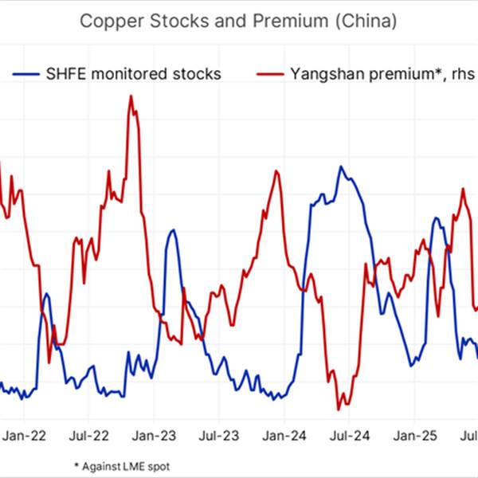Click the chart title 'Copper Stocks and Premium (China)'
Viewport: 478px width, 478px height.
pos(238,22)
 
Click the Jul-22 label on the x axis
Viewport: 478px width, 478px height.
pos(89,436)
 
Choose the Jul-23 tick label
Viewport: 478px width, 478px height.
pos(219,436)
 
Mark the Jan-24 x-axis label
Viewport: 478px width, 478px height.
pos(284,436)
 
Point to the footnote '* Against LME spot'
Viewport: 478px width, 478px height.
pos(122,466)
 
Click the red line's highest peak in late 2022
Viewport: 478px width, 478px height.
pos(130,96)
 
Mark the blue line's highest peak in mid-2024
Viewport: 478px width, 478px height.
pos(341,167)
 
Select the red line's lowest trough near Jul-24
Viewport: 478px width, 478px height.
pos(339,409)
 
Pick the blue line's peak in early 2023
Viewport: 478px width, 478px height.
pos(171,230)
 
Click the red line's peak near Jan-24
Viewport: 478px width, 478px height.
pos(277,171)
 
